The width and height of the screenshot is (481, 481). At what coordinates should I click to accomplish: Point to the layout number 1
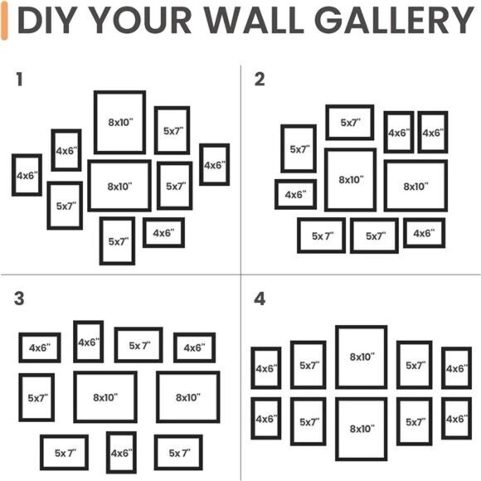[x=19, y=80]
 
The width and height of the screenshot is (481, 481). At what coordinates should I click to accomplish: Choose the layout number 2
[x=260, y=80]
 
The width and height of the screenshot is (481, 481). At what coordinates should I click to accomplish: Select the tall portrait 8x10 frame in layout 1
[x=119, y=123]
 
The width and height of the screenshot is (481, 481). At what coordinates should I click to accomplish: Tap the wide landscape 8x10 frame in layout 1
[x=119, y=187]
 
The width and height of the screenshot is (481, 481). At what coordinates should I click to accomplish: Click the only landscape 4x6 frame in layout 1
[x=163, y=233]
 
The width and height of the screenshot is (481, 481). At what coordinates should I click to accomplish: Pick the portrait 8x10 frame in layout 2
[x=349, y=180]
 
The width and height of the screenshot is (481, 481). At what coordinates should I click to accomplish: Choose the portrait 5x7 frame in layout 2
[x=299, y=149]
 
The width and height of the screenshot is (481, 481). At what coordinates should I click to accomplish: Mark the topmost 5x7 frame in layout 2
[x=349, y=123]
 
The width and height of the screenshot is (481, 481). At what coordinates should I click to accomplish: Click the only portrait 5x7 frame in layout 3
[x=36, y=397]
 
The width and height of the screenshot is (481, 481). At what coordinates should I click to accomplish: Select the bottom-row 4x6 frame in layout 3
[x=121, y=453]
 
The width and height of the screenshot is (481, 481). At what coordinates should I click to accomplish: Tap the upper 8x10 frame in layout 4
[x=361, y=357]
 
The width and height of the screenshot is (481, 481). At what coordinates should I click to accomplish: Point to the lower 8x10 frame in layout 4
[x=361, y=429]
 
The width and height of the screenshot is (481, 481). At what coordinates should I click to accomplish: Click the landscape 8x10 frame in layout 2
[x=415, y=187]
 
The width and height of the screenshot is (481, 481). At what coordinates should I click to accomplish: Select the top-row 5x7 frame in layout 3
[x=138, y=345]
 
